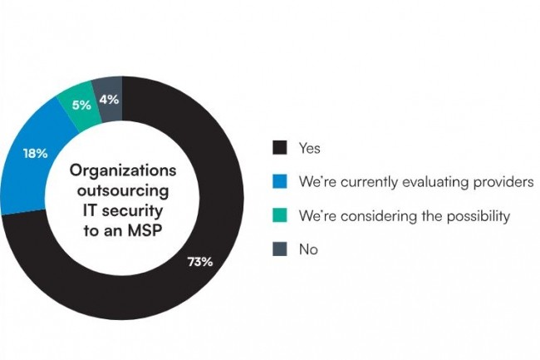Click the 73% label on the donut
click(199, 262)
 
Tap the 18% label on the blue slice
click(35, 154)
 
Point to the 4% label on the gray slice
click(109, 99)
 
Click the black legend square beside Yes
click(280, 148)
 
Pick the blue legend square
click(280, 182)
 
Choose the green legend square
click(280, 215)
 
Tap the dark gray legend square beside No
click(280, 249)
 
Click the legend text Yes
click(309, 149)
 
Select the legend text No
click(307, 249)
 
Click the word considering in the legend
click(363, 216)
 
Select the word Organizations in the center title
click(123, 170)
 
